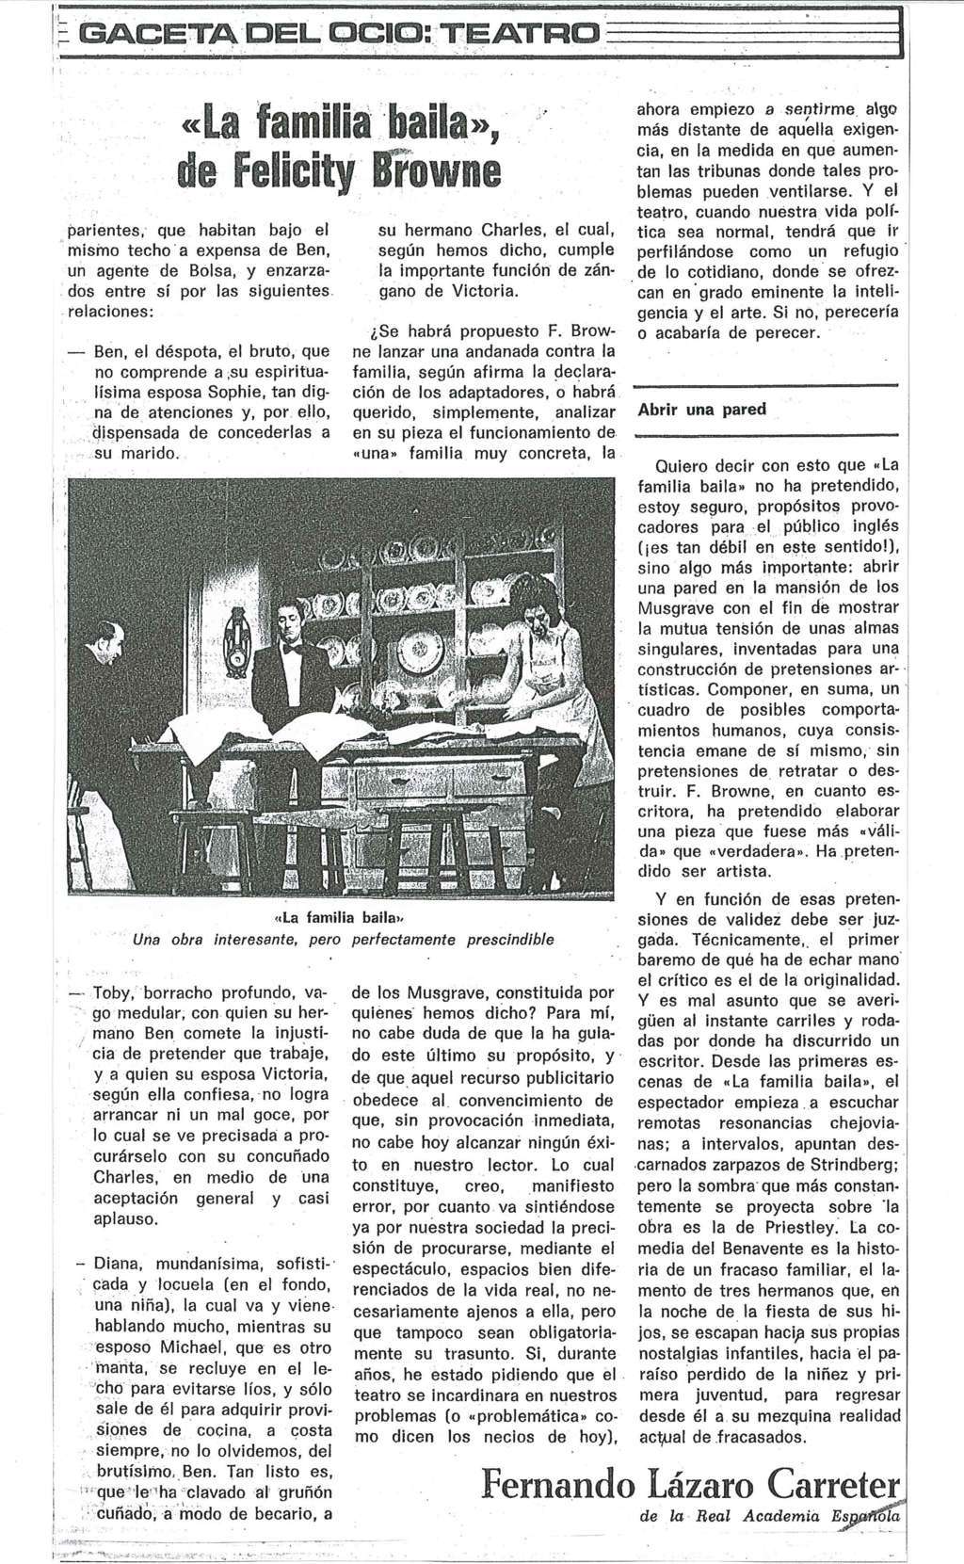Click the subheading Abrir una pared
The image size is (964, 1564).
tap(701, 410)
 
